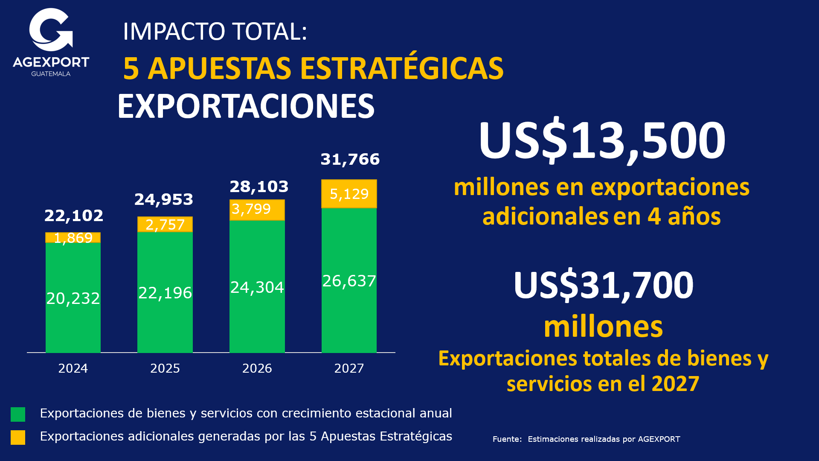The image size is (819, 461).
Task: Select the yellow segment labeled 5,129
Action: click(x=349, y=194)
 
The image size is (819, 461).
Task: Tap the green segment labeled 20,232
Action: click(x=73, y=298)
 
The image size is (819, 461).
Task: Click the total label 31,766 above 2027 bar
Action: click(x=350, y=159)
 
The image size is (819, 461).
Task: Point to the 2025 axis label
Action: click(x=165, y=368)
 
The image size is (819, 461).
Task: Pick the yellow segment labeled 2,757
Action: click(x=165, y=225)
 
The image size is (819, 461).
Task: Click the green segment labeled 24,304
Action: click(x=257, y=287)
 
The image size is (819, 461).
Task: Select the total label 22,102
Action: click(x=74, y=216)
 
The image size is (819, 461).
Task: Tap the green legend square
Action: click(x=18, y=414)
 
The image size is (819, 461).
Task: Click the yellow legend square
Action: click(x=18, y=437)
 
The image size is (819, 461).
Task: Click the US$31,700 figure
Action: click(x=603, y=285)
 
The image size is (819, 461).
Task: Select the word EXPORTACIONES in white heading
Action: click(x=246, y=106)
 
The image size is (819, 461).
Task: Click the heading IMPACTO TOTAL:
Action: click(x=215, y=32)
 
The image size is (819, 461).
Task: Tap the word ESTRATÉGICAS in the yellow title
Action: click(x=402, y=68)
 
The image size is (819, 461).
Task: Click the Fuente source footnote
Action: click(x=586, y=439)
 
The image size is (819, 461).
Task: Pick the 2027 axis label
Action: click(x=349, y=368)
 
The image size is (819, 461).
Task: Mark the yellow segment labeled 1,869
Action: click(x=73, y=238)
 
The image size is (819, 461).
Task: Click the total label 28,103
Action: click(x=259, y=187)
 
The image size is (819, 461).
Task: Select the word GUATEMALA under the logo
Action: click(x=51, y=74)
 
